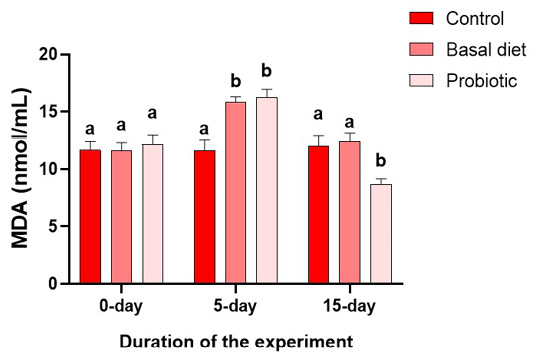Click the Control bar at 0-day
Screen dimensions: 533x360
point(90,217)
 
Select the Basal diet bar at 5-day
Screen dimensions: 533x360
point(236,192)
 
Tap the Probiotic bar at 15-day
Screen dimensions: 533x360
point(381,234)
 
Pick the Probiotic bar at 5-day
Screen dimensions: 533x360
point(267,190)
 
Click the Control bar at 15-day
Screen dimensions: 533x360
point(319,215)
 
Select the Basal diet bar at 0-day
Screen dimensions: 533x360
point(121,217)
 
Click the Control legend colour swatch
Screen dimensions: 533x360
point(422,18)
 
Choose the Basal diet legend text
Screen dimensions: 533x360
point(486,50)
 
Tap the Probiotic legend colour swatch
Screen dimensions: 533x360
point(422,81)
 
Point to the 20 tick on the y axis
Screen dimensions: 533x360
point(66,54)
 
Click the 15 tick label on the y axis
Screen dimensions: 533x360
point(48,112)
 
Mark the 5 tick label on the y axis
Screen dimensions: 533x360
point(53,226)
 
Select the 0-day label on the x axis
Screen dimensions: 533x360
point(121,306)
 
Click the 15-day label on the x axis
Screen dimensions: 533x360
point(349,306)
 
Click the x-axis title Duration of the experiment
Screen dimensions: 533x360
point(236,342)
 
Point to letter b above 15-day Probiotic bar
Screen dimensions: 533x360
point(381,160)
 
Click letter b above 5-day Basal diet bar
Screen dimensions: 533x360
point(236,81)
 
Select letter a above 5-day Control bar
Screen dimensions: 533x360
point(204,129)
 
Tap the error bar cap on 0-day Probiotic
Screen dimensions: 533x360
point(153,135)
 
